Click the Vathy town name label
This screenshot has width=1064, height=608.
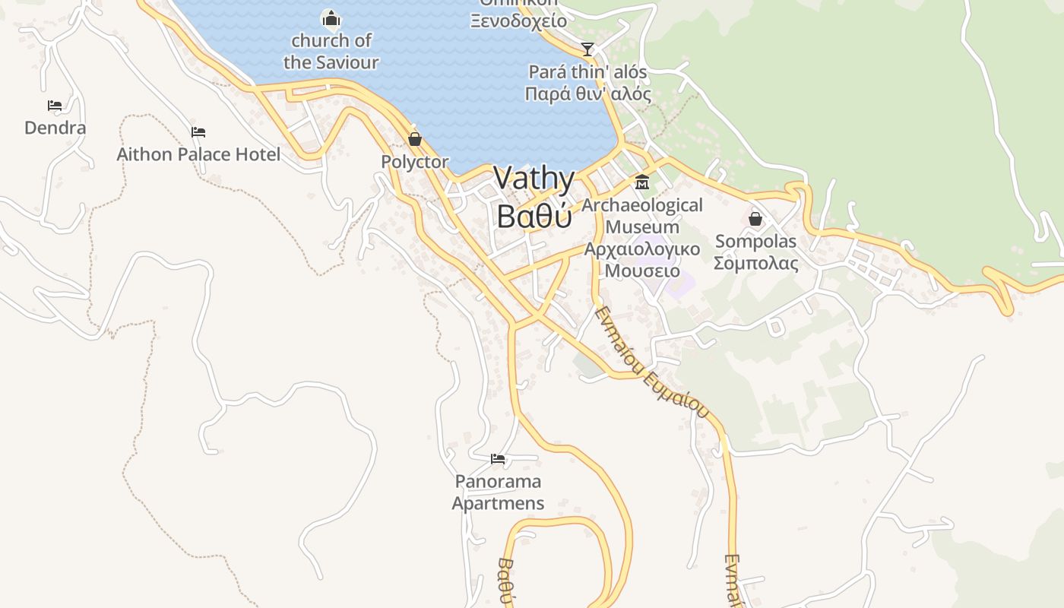click(x=534, y=179)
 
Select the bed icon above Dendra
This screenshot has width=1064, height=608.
click(x=55, y=106)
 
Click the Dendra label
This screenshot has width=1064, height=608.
click(x=55, y=128)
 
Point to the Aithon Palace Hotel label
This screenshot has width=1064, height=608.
click(x=198, y=154)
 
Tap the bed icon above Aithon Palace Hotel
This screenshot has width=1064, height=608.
click(x=198, y=132)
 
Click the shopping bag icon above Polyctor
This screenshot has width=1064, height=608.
click(x=415, y=139)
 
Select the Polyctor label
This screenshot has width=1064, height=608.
click(x=415, y=162)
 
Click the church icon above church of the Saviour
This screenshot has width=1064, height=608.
click(x=331, y=17)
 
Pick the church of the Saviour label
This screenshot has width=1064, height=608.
click(x=331, y=51)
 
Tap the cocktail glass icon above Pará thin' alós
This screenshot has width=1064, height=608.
click(x=587, y=49)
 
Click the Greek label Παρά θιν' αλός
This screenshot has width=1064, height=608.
click(x=588, y=94)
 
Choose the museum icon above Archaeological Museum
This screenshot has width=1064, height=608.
click(x=642, y=182)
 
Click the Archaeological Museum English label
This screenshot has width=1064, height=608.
click(x=642, y=216)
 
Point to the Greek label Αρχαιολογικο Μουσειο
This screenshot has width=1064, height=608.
click(x=642, y=260)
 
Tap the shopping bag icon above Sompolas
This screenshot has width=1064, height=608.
click(x=755, y=219)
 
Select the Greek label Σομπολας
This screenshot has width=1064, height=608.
click(x=755, y=264)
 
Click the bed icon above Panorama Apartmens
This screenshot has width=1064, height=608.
click(x=498, y=459)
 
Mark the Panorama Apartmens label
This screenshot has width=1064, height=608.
click(x=498, y=492)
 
